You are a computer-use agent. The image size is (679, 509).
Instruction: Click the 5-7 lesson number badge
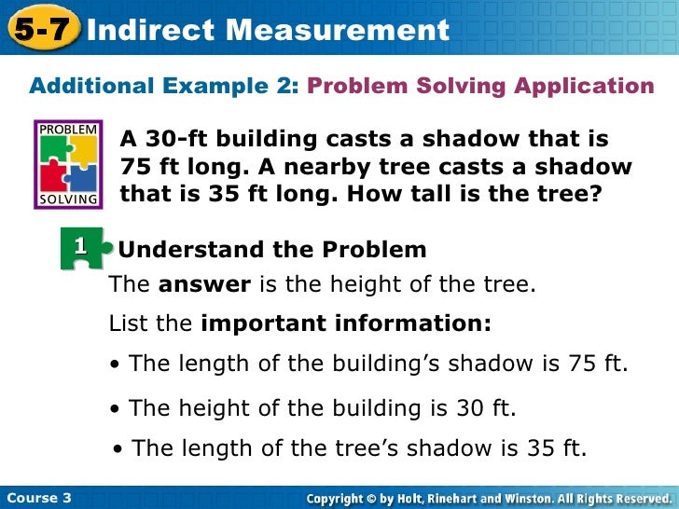tap(40, 30)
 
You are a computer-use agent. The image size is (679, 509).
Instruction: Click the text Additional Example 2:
tap(163, 87)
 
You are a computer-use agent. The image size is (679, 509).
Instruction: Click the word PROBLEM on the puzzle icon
tap(67, 128)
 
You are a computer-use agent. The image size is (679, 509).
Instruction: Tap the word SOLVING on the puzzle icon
tap(67, 199)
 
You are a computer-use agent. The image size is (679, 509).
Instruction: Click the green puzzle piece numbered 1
tap(82, 247)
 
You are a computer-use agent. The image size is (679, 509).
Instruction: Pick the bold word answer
tap(204, 285)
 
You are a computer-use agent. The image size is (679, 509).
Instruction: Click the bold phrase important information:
tap(345, 323)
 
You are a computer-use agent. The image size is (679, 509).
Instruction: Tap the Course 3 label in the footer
tap(38, 498)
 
